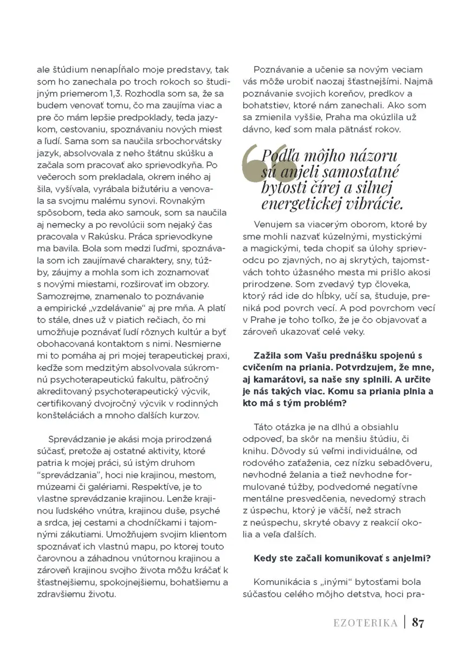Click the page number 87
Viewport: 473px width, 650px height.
pyautogui.click(x=418, y=622)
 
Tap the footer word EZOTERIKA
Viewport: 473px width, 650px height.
pyautogui.click(x=365, y=623)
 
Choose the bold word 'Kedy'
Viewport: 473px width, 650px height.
pyautogui.click(x=264, y=558)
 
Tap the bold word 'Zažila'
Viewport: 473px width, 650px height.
pyautogui.click(x=268, y=355)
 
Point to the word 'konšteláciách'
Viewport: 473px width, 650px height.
pyautogui.click(x=64, y=415)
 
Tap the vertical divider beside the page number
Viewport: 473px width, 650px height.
pyautogui.click(x=404, y=622)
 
